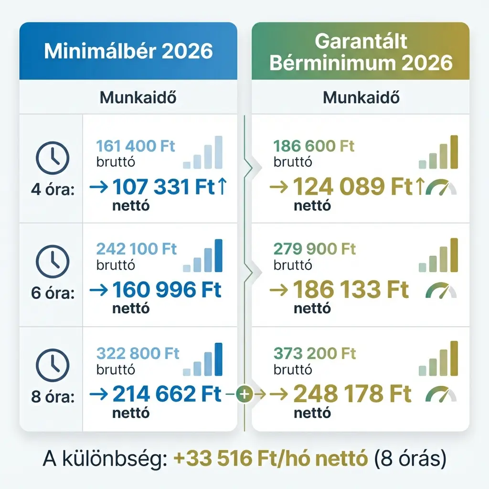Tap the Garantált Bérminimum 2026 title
(x=361, y=53)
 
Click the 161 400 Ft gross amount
(x=136, y=146)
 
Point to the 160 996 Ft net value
(x=167, y=289)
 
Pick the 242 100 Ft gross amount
(x=136, y=249)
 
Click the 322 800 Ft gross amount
(x=138, y=354)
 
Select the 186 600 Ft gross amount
(x=314, y=146)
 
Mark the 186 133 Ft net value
(x=351, y=289)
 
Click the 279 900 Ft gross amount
(x=315, y=249)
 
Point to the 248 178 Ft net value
(x=352, y=394)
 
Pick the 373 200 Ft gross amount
(x=315, y=354)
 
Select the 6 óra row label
(x=53, y=293)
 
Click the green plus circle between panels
(x=244, y=394)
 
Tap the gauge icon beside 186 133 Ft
(x=441, y=290)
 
